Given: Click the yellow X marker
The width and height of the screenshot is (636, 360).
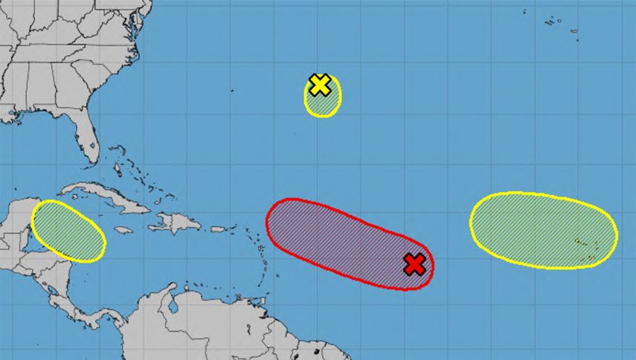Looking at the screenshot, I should tap(319, 85).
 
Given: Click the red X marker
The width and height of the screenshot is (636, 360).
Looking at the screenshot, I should tap(414, 263).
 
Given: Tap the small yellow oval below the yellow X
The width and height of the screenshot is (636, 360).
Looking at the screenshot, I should tap(324, 103).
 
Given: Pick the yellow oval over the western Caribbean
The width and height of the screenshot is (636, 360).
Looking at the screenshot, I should tap(67, 231).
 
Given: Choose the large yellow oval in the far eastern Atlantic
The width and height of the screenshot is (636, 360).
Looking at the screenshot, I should tap(543, 229).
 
